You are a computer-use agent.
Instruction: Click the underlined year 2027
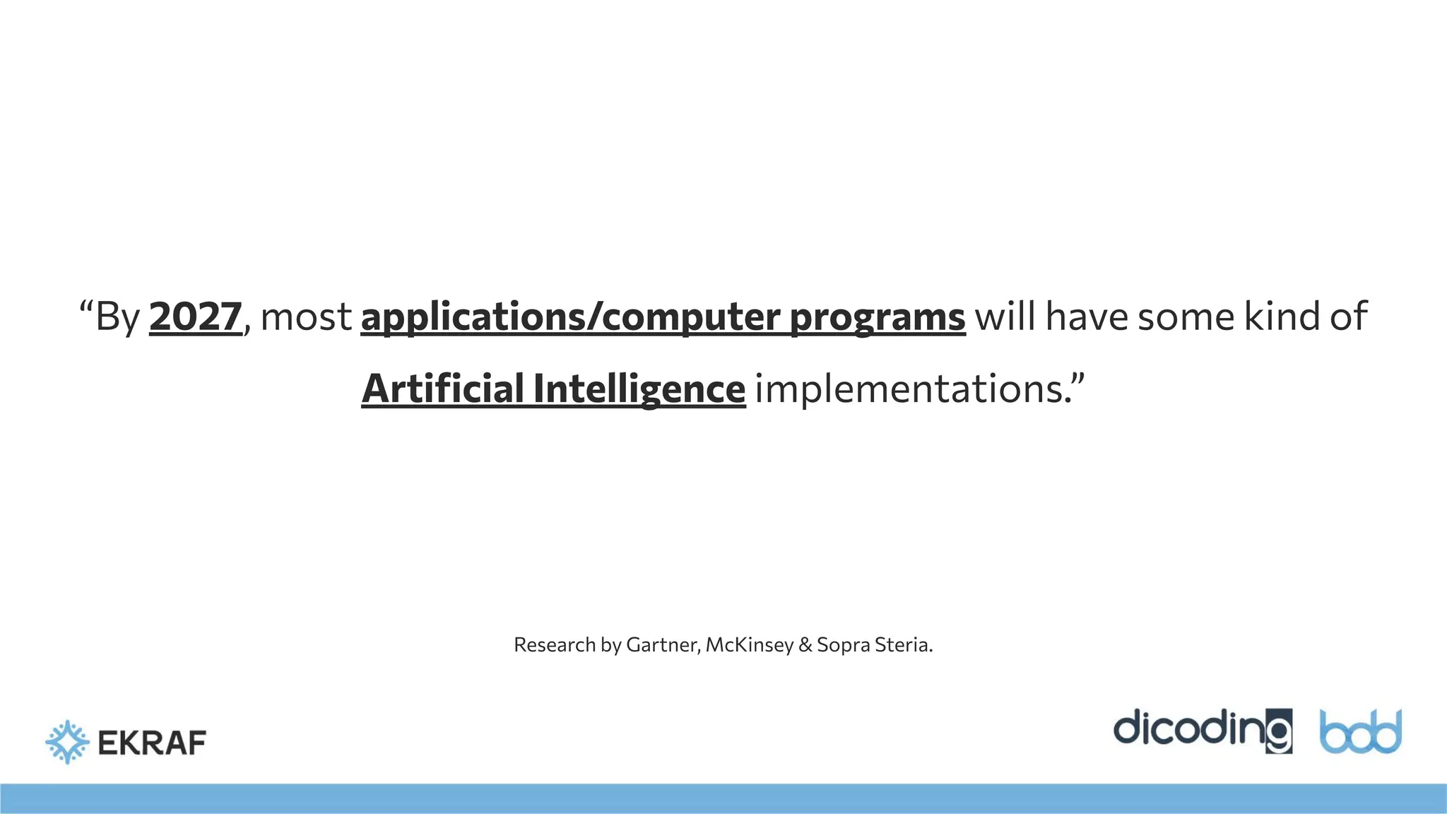click(195, 317)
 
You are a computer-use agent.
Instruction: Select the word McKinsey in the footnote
click(749, 645)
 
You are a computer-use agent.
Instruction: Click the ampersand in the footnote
click(805, 645)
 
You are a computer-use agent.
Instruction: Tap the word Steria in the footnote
click(903, 645)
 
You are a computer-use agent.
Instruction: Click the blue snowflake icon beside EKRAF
click(67, 742)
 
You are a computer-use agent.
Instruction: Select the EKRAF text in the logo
click(152, 743)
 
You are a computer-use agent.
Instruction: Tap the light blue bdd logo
click(1360, 732)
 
